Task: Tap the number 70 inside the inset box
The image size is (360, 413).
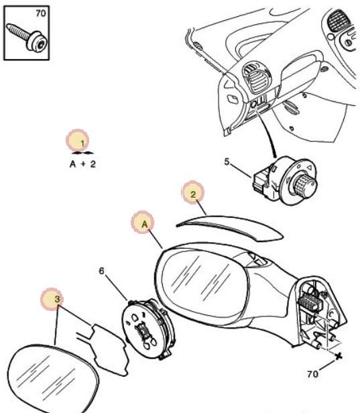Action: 40,13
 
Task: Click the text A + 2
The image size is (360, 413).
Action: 82,164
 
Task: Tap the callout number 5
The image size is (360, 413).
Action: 227,162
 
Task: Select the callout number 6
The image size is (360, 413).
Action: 101,271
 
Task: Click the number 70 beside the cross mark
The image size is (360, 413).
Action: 312,373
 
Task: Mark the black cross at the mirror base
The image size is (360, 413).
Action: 339,357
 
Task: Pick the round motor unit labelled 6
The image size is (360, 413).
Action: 149,329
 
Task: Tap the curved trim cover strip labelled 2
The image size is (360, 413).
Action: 230,227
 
